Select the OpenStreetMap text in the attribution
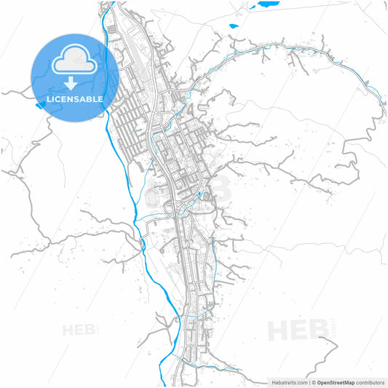(x=336, y=382)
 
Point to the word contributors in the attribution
(x=371, y=382)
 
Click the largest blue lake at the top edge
(x=268, y=4)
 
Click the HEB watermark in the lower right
(x=298, y=330)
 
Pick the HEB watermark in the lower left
(x=80, y=330)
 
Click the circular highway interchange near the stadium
(x=175, y=210)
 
